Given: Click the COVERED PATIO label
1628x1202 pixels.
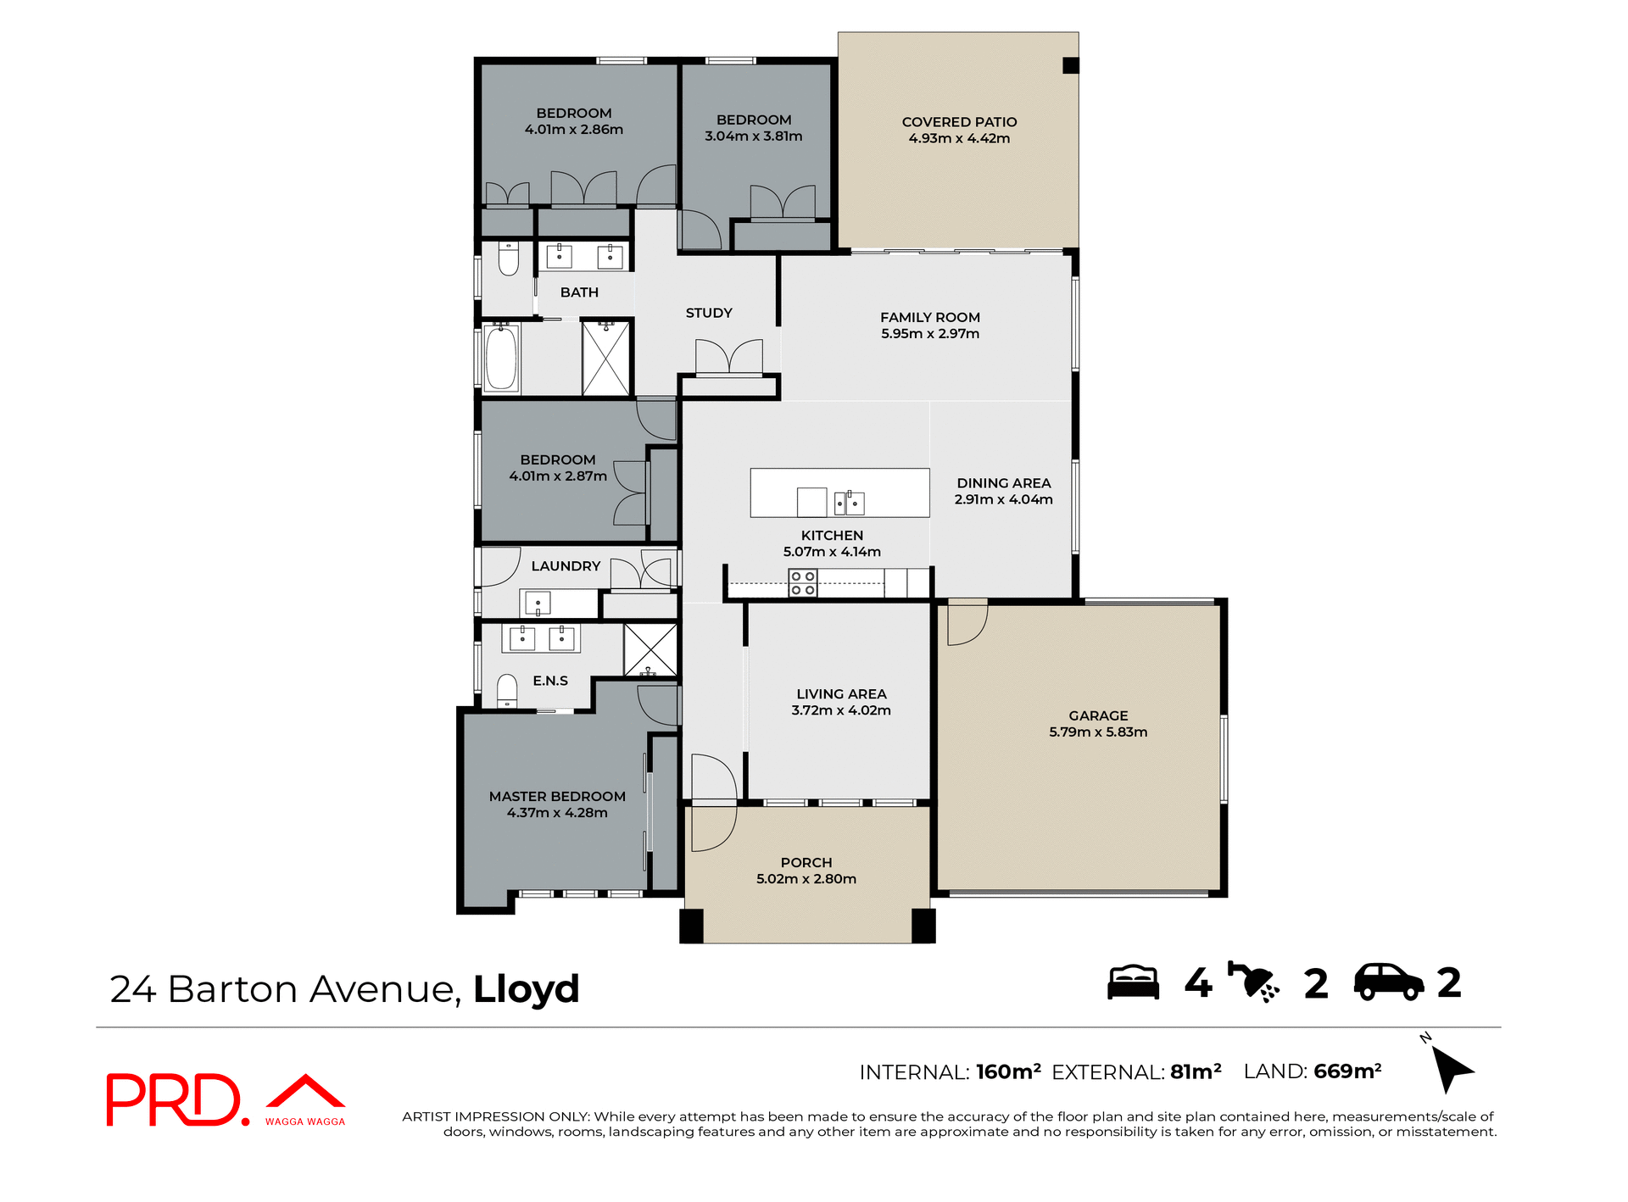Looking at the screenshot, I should pos(959,122).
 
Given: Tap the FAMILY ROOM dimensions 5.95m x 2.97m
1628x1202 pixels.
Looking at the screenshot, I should pos(929,334).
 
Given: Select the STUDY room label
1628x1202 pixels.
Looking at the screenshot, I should pos(709,313).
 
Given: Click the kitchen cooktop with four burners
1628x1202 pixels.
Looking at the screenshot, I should pos(802,583).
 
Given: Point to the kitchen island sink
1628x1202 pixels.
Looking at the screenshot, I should pos(849,503).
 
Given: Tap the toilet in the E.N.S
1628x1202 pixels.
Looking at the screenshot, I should pos(507,690).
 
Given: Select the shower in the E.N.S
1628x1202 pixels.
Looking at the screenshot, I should pos(650,650).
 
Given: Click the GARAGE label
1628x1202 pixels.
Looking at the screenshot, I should pos(1098,715).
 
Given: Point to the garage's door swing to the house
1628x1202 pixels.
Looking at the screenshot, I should pos(967,623).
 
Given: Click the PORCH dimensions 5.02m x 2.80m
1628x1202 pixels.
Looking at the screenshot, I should pos(806,879).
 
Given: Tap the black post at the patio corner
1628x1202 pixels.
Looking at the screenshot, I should pos(1071,65).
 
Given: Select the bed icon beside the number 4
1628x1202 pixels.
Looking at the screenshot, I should pos(1133,983).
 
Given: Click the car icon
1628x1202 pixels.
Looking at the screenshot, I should pos(1388,983).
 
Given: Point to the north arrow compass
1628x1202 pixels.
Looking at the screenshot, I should pos(1451,1067).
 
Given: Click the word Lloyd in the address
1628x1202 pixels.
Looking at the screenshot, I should pos(526,989).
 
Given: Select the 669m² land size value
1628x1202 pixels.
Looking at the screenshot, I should pos(1347,1071).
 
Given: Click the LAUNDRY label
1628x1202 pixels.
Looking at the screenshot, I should pos(566,566).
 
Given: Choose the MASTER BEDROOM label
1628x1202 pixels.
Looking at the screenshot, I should pos(557,797).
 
